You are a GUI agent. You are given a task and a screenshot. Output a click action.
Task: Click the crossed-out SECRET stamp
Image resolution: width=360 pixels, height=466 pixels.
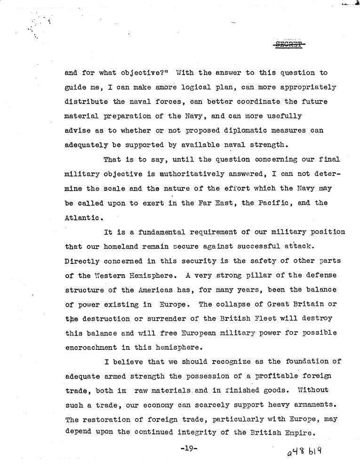click(289, 45)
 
